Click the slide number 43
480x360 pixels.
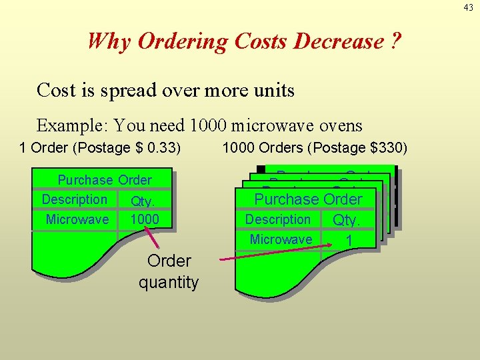(x=469, y=7)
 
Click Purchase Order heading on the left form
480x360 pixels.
(x=105, y=180)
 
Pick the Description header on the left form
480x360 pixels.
(x=74, y=199)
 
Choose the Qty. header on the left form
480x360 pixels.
(x=143, y=201)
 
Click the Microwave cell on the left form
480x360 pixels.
(x=77, y=219)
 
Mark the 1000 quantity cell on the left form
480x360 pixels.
(x=145, y=219)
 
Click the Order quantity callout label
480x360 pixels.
(x=169, y=271)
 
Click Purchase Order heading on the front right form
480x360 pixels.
(x=309, y=199)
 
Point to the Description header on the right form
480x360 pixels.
(x=278, y=219)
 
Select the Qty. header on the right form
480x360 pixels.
(x=347, y=220)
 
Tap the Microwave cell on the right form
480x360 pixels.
(x=281, y=239)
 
